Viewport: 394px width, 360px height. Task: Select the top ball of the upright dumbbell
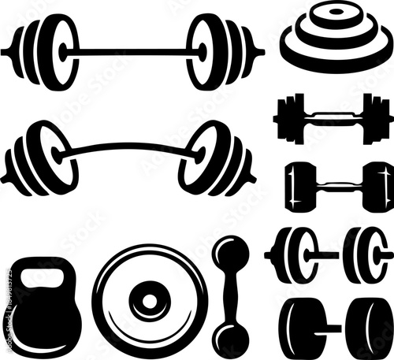pos(230,254)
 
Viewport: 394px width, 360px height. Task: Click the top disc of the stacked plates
pos(336,14)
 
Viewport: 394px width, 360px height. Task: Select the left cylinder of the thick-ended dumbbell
pos(303,328)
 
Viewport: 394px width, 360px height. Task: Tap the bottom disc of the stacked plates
pos(336,54)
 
